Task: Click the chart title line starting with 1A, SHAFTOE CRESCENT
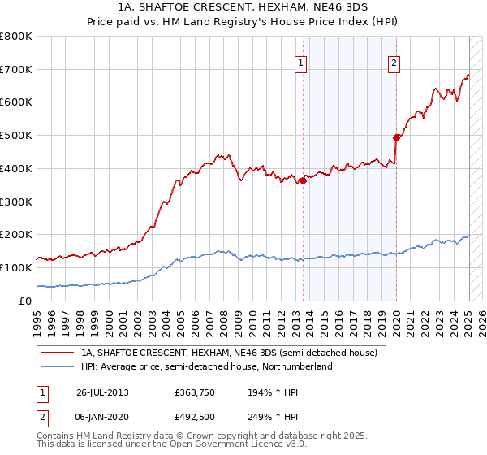[243, 7]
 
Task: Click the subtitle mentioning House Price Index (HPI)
[243, 22]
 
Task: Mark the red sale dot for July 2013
[303, 180]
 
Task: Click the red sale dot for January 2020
[396, 137]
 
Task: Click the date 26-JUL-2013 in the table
[102, 392]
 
